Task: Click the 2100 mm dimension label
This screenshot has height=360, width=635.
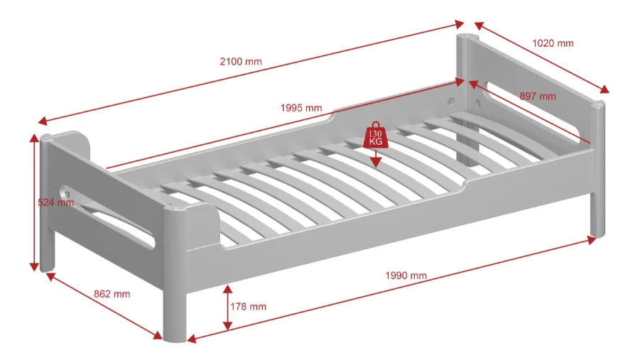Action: pyautogui.click(x=241, y=62)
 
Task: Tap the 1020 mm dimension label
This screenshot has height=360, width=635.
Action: pyautogui.click(x=553, y=43)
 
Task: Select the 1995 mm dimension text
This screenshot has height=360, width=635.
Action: pyautogui.click(x=301, y=108)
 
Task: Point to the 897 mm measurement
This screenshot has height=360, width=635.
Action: pyautogui.click(x=538, y=97)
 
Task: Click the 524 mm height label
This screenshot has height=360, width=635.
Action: pyautogui.click(x=56, y=202)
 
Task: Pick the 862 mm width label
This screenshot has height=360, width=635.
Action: pyautogui.click(x=112, y=294)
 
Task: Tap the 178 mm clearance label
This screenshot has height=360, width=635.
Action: pyautogui.click(x=249, y=307)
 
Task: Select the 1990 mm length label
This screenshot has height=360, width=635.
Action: pyautogui.click(x=406, y=276)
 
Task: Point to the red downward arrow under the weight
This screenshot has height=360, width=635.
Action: pyautogui.click(x=376, y=158)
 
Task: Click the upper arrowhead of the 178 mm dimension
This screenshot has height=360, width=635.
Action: pyautogui.click(x=227, y=289)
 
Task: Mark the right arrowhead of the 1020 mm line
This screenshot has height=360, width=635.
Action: pyautogui.click(x=604, y=89)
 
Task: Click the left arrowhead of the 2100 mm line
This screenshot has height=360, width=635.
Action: pyautogui.click(x=43, y=121)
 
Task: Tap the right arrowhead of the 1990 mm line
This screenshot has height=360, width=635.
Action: pyautogui.click(x=592, y=240)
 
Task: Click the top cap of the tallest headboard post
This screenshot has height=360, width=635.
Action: pyautogui.click(x=467, y=37)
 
